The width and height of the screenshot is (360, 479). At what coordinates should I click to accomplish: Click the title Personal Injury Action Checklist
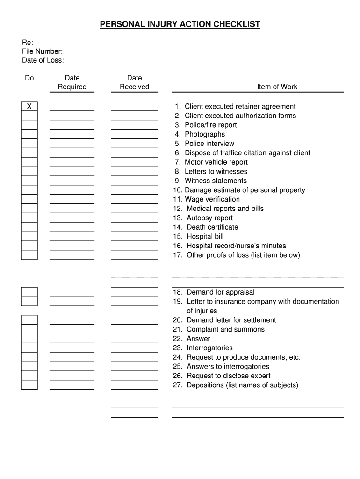[x=180, y=24]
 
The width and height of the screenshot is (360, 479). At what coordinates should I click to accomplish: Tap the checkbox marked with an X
[x=29, y=106]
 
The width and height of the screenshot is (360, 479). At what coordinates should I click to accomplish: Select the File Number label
[x=42, y=51]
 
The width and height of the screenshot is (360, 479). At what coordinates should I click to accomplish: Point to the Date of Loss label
[x=43, y=60]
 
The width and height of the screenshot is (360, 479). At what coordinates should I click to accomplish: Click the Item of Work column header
[x=277, y=87]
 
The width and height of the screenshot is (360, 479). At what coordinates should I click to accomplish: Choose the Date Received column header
[x=134, y=82]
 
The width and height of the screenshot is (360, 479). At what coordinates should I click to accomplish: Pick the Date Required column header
[x=72, y=82]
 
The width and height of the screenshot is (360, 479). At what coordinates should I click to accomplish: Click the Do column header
[x=29, y=78]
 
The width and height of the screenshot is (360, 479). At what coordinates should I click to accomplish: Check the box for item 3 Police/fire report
[x=29, y=125]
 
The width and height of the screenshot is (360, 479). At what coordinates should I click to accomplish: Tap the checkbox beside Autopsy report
[x=29, y=218]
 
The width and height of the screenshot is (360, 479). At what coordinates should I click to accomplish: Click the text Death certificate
[x=212, y=227]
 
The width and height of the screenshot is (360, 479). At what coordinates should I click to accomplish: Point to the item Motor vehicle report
[x=216, y=162]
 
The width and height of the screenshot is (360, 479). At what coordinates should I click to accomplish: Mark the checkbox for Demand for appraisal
[x=29, y=292]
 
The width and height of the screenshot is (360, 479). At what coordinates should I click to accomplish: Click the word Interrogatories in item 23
[x=209, y=348]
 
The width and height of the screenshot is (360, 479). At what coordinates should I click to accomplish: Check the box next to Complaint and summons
[x=29, y=329]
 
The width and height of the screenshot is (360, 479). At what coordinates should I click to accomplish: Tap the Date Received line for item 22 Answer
[x=134, y=342]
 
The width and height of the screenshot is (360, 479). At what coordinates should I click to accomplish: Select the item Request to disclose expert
[x=228, y=376]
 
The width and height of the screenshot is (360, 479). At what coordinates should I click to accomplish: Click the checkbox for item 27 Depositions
[x=29, y=385]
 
